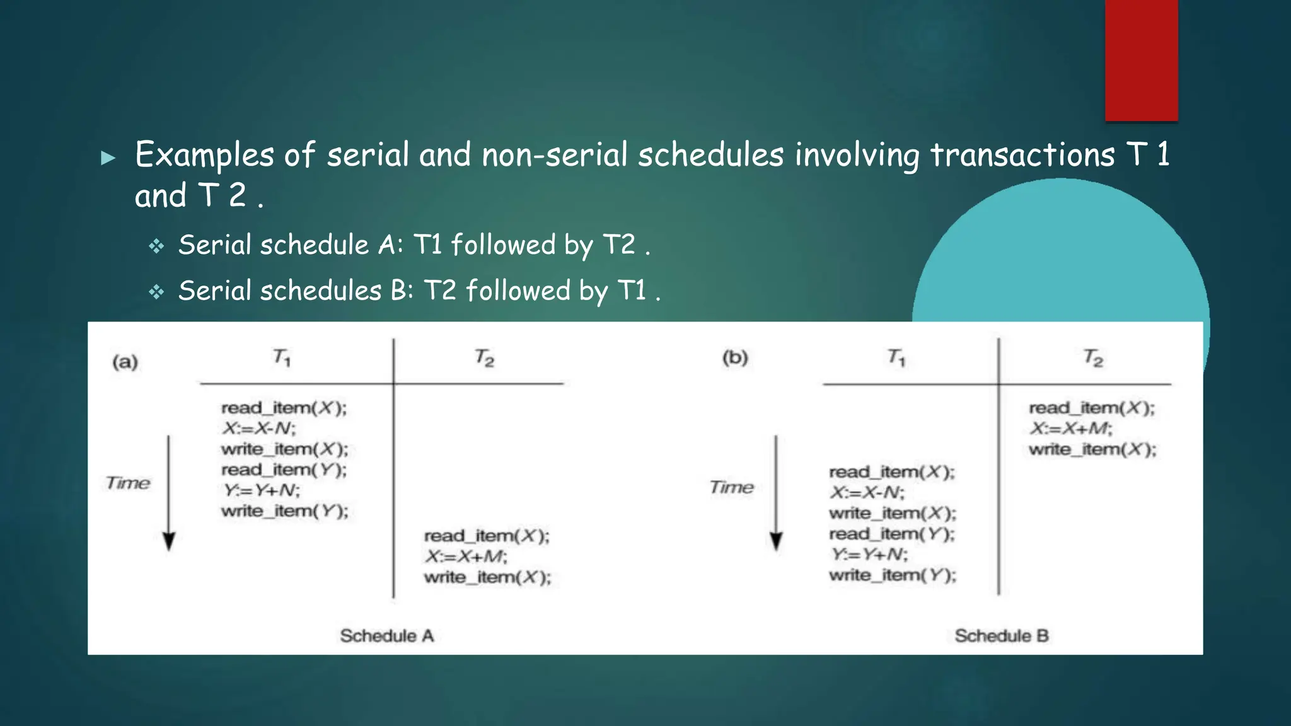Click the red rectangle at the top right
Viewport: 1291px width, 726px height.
1141,60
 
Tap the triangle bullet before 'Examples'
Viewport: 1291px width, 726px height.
108,158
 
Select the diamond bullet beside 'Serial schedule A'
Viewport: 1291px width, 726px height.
156,246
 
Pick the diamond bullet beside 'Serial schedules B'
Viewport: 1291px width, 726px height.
156,292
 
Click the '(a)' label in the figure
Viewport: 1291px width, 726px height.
125,362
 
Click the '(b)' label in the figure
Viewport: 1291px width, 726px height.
735,357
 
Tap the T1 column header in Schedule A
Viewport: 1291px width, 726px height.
282,358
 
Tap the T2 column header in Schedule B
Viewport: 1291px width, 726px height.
1093,358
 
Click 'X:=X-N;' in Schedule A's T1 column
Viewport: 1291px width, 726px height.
259,429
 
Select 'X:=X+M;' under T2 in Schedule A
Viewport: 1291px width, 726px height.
466,556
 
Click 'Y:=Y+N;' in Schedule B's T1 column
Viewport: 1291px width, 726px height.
869,555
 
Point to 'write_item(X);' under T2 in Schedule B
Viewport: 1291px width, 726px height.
1092,449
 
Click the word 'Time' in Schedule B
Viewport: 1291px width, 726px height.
731,487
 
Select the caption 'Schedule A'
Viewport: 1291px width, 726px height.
387,635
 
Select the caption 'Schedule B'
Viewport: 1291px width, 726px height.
1001,635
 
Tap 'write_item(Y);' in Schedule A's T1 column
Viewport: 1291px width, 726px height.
284,511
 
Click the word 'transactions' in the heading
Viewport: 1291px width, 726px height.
1022,155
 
